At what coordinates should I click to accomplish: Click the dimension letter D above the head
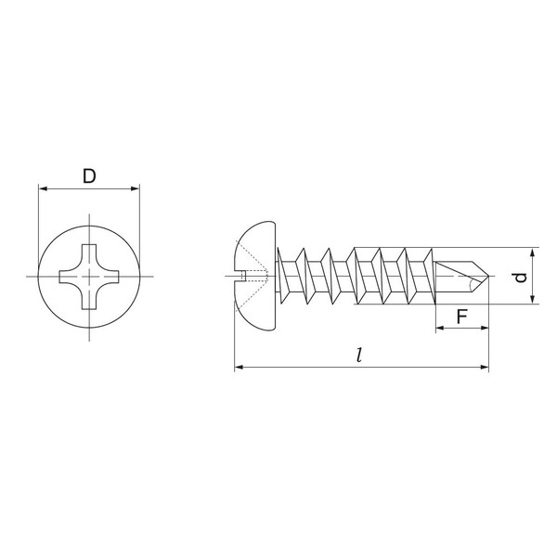[x=89, y=175]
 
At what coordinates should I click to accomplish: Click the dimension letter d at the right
[x=522, y=276]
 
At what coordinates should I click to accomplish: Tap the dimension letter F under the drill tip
[x=460, y=317]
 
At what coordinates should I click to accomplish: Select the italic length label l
[x=359, y=355]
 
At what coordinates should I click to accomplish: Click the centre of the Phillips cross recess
[x=89, y=276]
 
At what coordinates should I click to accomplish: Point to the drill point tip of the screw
[x=488, y=276]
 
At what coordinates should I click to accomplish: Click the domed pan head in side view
[x=256, y=276]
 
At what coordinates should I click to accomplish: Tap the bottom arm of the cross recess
[x=89, y=300]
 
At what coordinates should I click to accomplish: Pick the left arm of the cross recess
[x=65, y=276]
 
